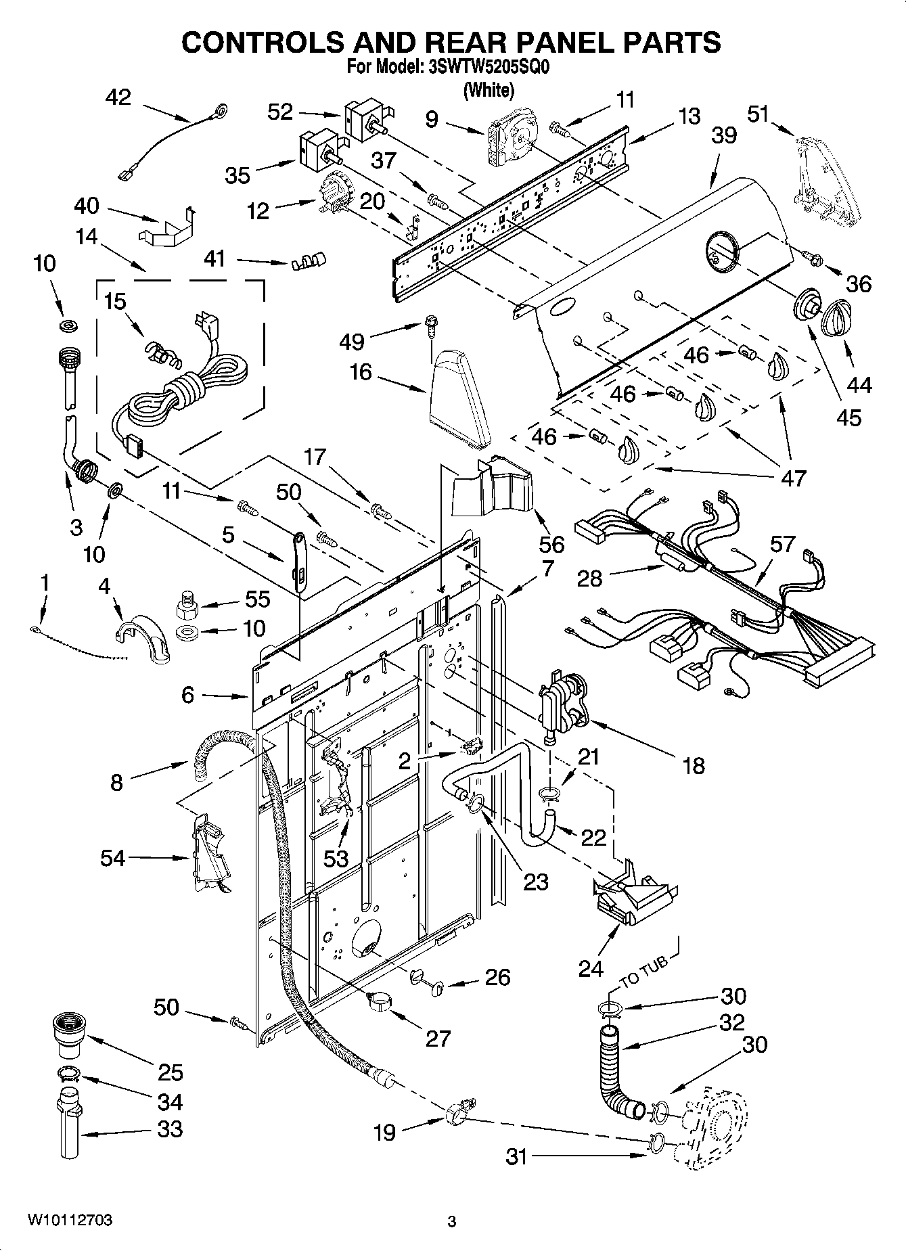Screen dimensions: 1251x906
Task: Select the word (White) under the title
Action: tap(489, 89)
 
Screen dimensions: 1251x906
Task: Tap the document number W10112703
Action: tap(70, 1220)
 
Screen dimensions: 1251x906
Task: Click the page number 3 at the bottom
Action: tap(452, 1221)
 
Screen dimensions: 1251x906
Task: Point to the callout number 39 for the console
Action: tap(723, 135)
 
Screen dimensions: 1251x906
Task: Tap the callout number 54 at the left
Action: tap(113, 858)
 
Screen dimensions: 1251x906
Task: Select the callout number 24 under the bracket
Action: tap(591, 969)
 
